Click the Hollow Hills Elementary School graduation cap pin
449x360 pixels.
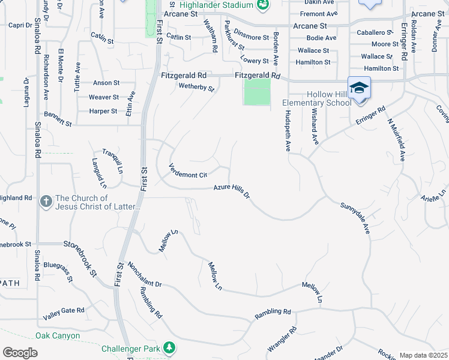359,88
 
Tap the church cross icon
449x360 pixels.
46,202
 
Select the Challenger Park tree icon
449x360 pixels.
170,348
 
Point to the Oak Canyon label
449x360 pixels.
58,335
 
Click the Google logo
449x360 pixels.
20,353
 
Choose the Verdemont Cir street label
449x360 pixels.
187,171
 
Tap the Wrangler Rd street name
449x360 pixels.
282,339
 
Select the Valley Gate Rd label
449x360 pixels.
64,311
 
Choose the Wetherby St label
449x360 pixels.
196,88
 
